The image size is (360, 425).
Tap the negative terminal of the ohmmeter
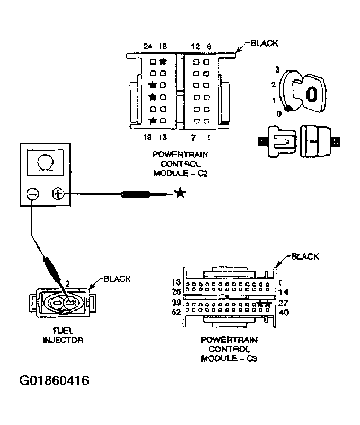tap(32, 194)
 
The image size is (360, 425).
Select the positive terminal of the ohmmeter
tap(58, 194)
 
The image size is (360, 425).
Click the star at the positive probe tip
tap(180, 194)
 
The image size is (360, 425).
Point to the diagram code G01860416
tap(54, 380)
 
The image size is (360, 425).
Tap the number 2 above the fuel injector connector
tap(67, 284)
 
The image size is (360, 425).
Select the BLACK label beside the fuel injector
tap(117, 279)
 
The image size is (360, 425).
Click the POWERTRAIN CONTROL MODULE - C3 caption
tap(226, 350)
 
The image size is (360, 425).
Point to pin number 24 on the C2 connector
tap(148, 47)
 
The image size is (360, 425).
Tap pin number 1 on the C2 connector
tap(208, 138)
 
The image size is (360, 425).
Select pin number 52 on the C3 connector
tap(177, 312)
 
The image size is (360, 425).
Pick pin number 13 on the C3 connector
tap(177, 282)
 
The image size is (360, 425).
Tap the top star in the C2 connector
tap(163, 62)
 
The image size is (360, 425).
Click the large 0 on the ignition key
tap(312, 94)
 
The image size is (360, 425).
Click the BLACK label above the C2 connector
tap(264, 44)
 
